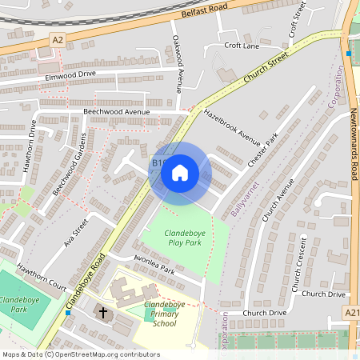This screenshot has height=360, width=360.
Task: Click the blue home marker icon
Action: [x=180, y=172]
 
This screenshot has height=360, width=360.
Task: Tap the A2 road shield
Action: [x=57, y=38]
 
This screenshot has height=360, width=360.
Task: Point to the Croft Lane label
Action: [x=242, y=46]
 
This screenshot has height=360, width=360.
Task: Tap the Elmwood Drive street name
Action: [x=71, y=75]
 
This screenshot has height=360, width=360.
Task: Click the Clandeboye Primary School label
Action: [x=164, y=314]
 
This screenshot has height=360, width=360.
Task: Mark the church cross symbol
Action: [x=101, y=310]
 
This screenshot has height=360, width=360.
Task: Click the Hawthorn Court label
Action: [x=42, y=272]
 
